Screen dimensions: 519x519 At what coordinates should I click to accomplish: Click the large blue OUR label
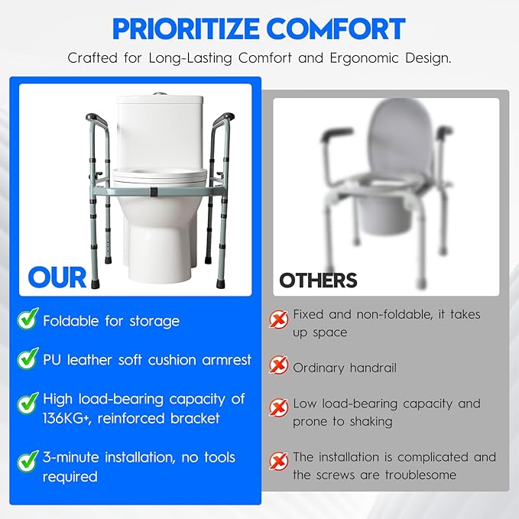click(x=57, y=277)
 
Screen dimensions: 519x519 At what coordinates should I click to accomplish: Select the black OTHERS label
click(x=318, y=280)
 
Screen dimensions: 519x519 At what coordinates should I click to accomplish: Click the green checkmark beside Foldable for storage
click(x=28, y=320)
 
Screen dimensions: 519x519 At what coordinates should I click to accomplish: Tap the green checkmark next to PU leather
click(x=28, y=359)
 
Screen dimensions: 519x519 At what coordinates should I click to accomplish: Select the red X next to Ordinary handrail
click(x=279, y=367)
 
